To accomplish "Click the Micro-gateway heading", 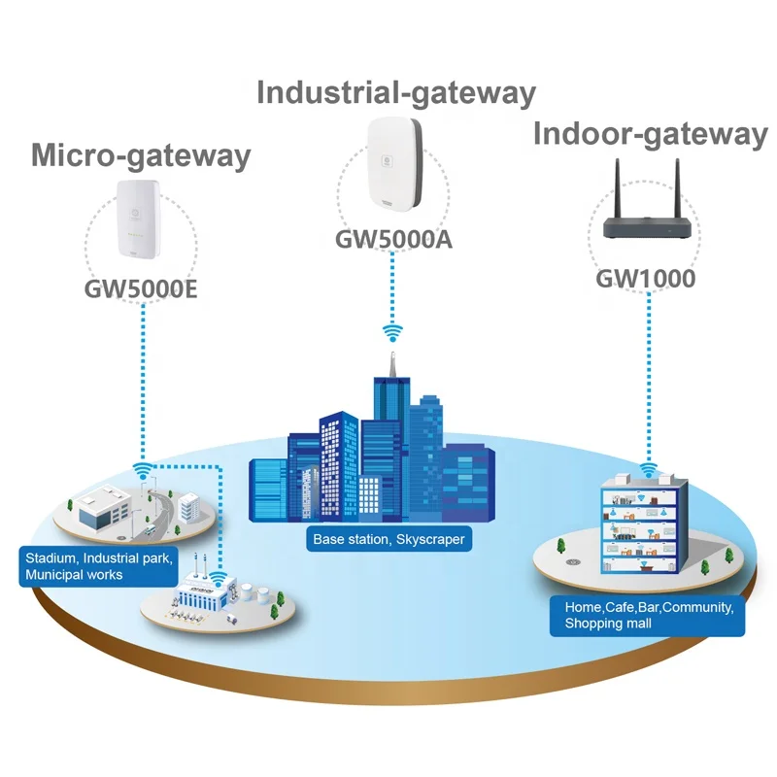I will pos(141,155).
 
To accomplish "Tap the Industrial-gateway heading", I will pos(395,93).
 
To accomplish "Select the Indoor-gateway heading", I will pos(650,135).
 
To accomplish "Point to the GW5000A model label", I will pos(394,239).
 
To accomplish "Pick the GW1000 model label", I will pos(646,280).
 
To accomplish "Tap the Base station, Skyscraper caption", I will pos(388,539).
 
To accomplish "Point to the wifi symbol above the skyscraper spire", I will pos(392,333).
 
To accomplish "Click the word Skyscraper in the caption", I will pos(431,539).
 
